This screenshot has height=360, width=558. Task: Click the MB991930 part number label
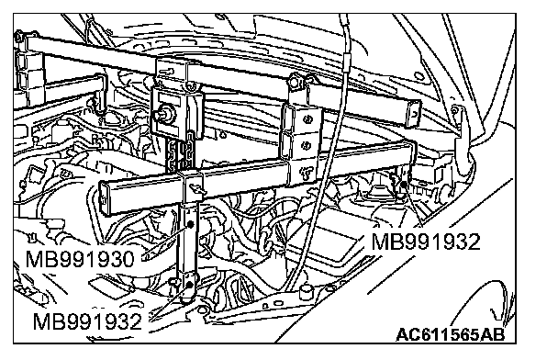[x=80, y=259]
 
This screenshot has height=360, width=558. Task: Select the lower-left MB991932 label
[x=87, y=321]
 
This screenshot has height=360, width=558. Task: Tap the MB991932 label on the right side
[x=426, y=242]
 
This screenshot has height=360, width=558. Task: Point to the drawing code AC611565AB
[x=451, y=334]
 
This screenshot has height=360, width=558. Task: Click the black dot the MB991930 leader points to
[x=190, y=224]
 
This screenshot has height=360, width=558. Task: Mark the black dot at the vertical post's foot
[x=189, y=285]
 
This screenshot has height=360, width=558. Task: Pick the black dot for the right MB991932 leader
[x=404, y=185]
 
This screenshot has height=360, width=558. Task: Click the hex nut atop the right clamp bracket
[x=295, y=81]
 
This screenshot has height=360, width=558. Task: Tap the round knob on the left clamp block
[x=164, y=112]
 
